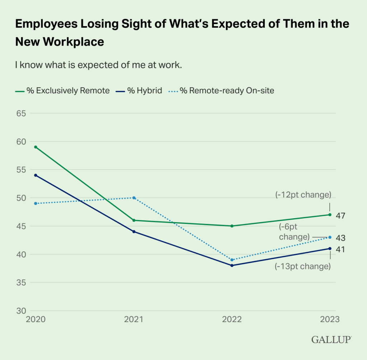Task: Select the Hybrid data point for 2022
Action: (x=232, y=265)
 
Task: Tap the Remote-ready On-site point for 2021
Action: (x=134, y=198)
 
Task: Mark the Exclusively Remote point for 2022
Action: (x=232, y=226)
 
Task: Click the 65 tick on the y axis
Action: (x=21, y=113)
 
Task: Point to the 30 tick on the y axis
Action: (x=21, y=311)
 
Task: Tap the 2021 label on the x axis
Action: (x=133, y=319)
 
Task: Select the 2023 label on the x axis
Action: (x=329, y=319)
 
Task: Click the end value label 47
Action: (x=340, y=216)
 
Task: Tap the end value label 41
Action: (x=340, y=249)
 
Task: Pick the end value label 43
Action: (x=340, y=238)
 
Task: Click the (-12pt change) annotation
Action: (x=303, y=195)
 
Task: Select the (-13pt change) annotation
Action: (x=302, y=266)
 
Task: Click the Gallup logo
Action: (x=331, y=340)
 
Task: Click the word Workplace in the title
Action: (x=74, y=42)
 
